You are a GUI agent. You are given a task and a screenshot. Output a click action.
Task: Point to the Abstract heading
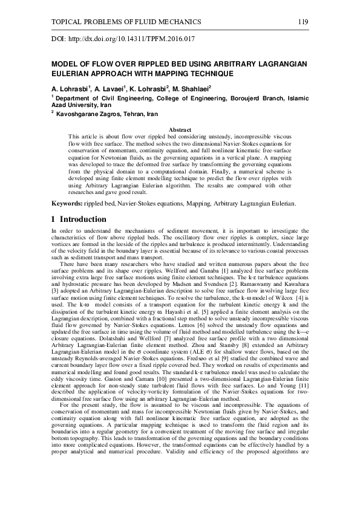[x=179, y=130]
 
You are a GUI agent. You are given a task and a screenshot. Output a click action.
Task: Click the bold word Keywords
[x=66, y=204]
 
